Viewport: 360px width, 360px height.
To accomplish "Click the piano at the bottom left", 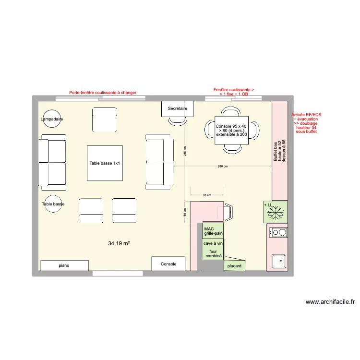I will click(x=64, y=265).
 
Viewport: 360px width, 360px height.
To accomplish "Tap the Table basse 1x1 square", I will click(x=105, y=164).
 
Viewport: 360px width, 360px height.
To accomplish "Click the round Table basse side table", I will click(x=53, y=204).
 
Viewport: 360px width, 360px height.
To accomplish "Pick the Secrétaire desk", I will click(x=177, y=109).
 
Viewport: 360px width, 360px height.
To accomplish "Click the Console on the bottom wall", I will click(x=168, y=264).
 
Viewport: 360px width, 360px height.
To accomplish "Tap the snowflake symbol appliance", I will click(x=276, y=212).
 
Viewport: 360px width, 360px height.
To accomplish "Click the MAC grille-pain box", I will click(x=213, y=231).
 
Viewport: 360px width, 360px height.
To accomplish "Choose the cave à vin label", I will click(x=213, y=244).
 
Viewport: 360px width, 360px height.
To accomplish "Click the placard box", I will click(x=234, y=265).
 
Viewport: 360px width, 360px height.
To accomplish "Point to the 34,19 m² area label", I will click(x=119, y=244).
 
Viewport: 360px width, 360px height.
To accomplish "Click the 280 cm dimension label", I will click(x=222, y=167).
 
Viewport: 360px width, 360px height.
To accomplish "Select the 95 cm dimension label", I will click(x=207, y=195).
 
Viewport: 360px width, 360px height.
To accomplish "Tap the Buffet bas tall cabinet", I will click(x=280, y=150).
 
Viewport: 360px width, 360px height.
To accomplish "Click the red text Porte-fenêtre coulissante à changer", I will click(x=103, y=93).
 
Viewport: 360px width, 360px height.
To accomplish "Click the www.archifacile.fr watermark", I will click(x=330, y=302).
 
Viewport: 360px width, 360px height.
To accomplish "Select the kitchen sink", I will click(x=278, y=261).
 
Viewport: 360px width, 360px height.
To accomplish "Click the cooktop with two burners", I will click(x=278, y=233).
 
